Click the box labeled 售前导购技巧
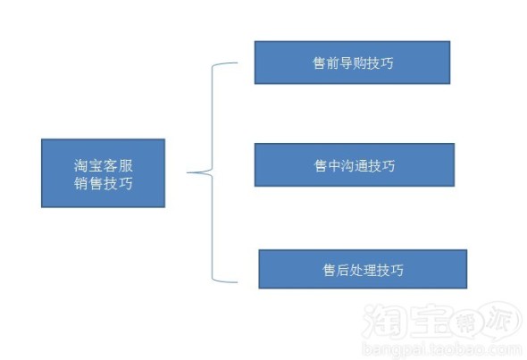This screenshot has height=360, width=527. click(x=352, y=63)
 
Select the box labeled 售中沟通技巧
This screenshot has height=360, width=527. click(x=355, y=164)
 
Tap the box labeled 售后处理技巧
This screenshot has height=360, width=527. click(x=363, y=269)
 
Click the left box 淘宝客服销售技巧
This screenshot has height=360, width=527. click(x=104, y=173)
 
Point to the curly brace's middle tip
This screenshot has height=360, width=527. click(x=188, y=172)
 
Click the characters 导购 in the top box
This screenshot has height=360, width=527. click(x=353, y=63)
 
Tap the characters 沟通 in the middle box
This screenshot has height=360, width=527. click(x=355, y=165)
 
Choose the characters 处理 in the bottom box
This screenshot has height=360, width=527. click(x=363, y=270)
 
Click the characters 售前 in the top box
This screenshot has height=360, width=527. click(x=326, y=63)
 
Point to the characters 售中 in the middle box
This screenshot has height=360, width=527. click(x=328, y=165)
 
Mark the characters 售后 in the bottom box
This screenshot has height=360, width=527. click(x=336, y=270)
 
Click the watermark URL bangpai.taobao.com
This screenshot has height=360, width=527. click(x=442, y=349)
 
